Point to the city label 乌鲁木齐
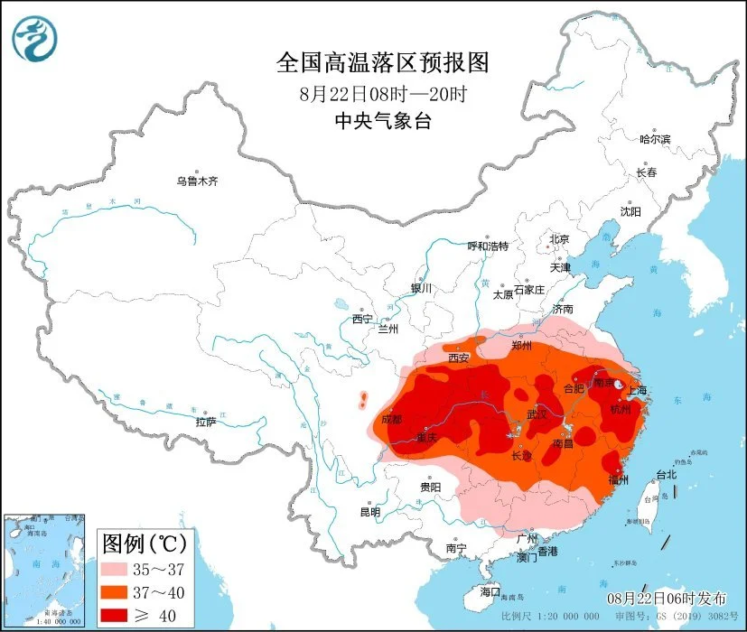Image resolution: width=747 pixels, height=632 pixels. [197, 181]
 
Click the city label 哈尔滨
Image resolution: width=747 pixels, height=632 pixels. [655, 139]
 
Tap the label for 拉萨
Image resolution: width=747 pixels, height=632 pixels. [205, 422]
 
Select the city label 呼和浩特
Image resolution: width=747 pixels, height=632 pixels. [487, 246]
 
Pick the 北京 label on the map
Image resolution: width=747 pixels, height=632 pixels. [559, 239]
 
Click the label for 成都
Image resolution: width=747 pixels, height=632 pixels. [392, 419]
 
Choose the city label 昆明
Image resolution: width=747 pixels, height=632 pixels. [370, 512]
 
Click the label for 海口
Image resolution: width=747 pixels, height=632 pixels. [490, 591]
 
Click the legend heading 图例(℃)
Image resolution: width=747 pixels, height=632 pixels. [144, 544]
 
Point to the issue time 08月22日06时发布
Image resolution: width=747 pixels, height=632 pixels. [667, 599]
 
